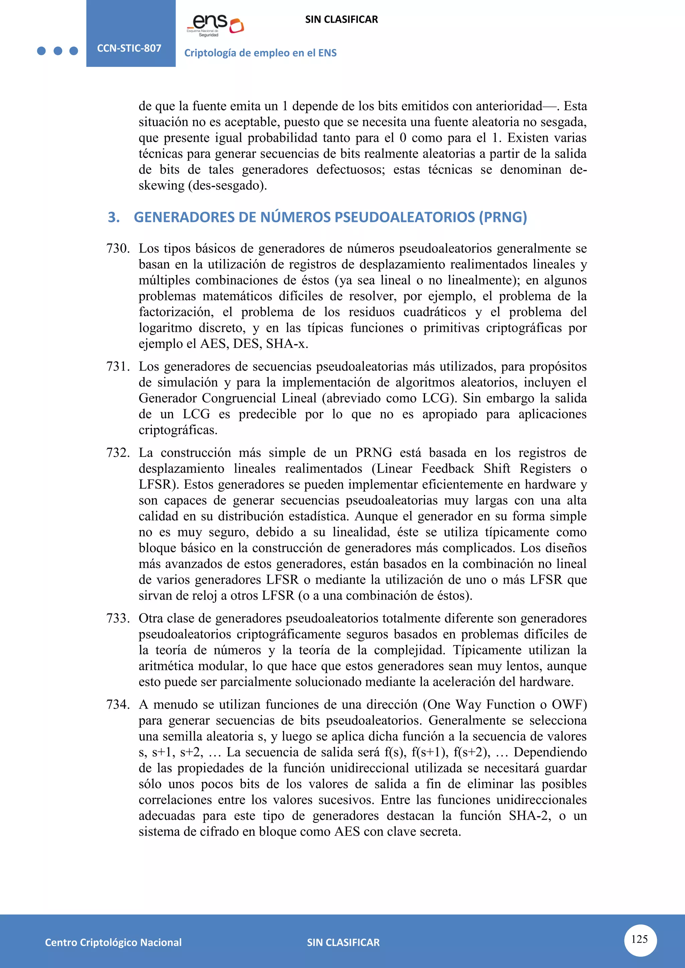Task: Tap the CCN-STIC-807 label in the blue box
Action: click(129, 48)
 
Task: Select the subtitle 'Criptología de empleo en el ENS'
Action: click(260, 53)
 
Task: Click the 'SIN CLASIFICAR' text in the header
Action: click(341, 19)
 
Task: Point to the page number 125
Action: click(640, 939)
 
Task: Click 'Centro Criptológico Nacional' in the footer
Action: click(113, 942)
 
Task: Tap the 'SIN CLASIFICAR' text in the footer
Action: click(343, 942)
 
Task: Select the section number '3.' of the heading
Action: click(114, 217)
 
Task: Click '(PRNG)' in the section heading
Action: click(502, 217)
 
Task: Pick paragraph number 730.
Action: click(118, 248)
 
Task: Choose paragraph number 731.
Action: click(118, 366)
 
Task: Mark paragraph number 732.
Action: click(118, 453)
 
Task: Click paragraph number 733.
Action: click(118, 618)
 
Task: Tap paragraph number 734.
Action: click(118, 705)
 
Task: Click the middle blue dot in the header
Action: click(58, 51)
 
